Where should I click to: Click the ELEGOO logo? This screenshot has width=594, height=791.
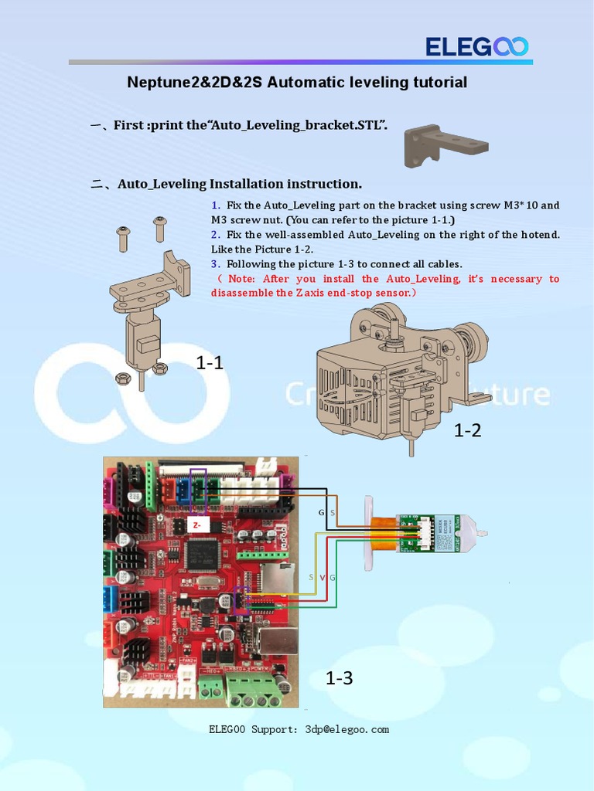point(476,47)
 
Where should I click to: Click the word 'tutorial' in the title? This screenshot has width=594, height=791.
point(439,83)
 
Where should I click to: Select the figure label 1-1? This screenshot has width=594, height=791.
point(210,362)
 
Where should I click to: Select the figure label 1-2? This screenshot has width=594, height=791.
point(467,430)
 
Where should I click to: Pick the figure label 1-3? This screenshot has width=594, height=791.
point(339,678)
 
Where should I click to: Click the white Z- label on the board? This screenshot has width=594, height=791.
point(197,524)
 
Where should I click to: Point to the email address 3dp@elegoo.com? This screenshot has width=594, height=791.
point(347,729)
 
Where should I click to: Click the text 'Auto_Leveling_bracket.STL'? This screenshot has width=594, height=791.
point(297,125)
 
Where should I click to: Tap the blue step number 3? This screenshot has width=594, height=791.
point(215,263)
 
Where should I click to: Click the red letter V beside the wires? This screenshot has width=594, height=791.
point(322,578)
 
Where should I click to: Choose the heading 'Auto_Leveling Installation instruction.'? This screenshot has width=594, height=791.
point(239,184)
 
